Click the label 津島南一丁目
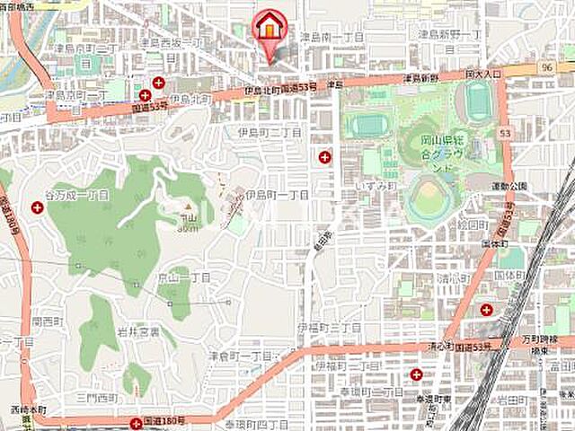332,38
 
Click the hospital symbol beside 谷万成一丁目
38,207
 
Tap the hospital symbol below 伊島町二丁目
324,157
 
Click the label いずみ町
376,185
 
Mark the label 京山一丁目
185,278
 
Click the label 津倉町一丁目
240,356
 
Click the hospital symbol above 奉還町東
416,374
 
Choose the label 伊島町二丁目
269,133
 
